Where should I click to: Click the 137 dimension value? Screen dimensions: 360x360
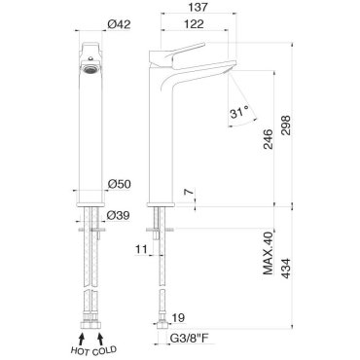198,7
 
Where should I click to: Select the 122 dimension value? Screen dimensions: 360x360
195,24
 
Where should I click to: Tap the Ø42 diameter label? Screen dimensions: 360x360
119,24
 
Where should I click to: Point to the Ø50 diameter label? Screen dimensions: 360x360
119,184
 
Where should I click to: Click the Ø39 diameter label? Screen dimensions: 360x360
119,215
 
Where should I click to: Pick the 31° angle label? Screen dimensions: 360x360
240,113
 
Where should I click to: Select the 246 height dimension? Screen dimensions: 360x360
268,139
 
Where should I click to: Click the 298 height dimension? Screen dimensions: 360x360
286,126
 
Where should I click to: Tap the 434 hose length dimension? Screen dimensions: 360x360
286,269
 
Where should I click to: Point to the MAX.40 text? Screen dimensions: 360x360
269,253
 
